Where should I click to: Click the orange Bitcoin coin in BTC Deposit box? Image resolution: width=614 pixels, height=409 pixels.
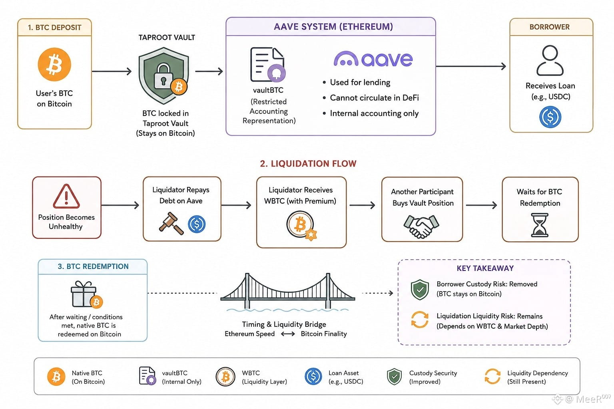[54, 64]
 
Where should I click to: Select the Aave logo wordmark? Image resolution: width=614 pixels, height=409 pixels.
[373, 59]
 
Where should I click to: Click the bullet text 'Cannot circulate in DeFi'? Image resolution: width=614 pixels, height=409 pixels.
[374, 98]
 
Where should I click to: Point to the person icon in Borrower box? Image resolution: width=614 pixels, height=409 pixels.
[550, 60]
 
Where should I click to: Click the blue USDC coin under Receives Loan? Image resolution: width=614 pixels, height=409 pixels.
[550, 117]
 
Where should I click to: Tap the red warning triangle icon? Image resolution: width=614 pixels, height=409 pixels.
[66, 197]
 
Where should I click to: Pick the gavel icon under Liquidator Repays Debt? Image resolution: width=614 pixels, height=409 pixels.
[171, 223]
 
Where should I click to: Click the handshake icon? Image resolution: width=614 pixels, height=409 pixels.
[421, 226]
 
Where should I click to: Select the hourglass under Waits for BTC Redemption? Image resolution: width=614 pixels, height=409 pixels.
[539, 225]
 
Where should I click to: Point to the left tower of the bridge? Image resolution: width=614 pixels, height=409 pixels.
[247, 291]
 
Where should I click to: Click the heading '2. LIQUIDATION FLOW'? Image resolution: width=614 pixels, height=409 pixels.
[308, 163]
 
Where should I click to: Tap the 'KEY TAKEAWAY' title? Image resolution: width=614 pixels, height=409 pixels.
[485, 268]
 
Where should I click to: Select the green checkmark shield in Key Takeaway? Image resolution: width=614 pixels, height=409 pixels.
[420, 290]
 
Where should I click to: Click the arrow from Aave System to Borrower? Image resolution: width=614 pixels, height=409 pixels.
[471, 66]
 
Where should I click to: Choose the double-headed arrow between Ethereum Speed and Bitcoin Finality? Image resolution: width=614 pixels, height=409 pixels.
[288, 334]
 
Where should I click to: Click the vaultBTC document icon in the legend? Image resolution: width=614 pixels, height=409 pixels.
[148, 376]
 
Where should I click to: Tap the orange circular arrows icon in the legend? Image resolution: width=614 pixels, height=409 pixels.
[492, 376]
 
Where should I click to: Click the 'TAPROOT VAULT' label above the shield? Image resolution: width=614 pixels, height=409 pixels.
[167, 38]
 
